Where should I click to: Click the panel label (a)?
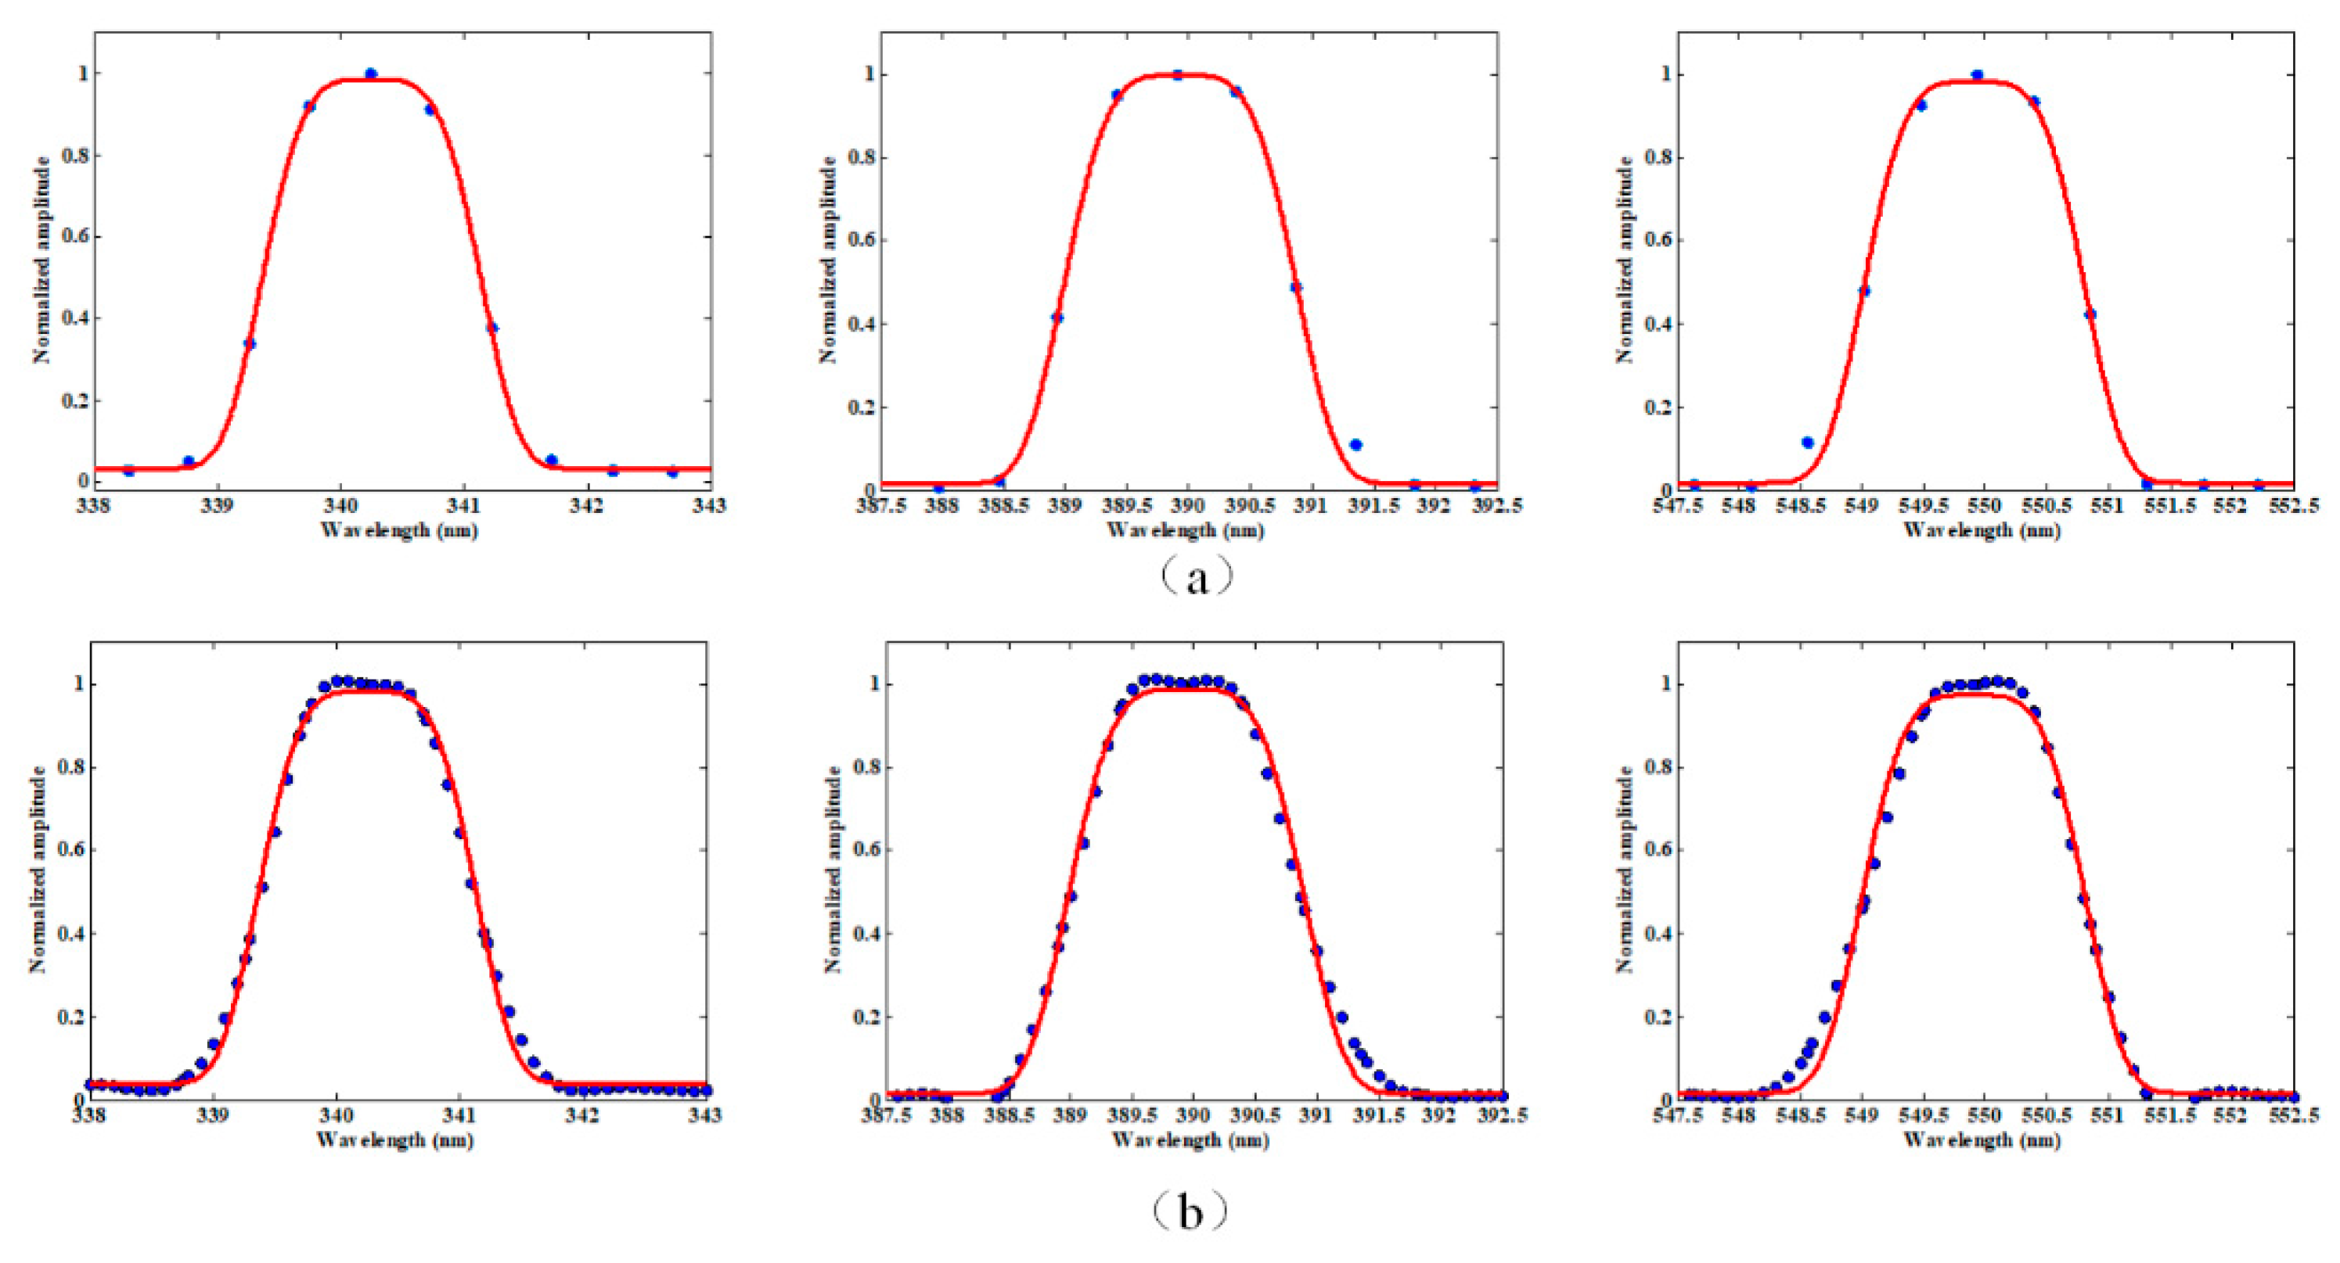tap(1197, 576)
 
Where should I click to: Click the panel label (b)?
tap(1190, 1211)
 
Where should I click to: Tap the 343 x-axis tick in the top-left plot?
tap(708, 505)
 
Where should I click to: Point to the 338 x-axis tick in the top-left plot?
tap(94, 505)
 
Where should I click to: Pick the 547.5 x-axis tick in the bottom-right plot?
tap(1678, 1115)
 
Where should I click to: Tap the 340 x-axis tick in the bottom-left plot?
tap(336, 1114)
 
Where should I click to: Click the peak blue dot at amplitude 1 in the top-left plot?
tap(371, 74)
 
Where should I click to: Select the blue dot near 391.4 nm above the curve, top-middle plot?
tap(1355, 445)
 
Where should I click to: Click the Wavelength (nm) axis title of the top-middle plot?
tap(1185, 530)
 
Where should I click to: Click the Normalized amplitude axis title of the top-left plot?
tap(41, 260)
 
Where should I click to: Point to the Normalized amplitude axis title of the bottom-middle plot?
tap(831, 869)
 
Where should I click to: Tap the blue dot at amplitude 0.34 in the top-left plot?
tap(249, 343)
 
